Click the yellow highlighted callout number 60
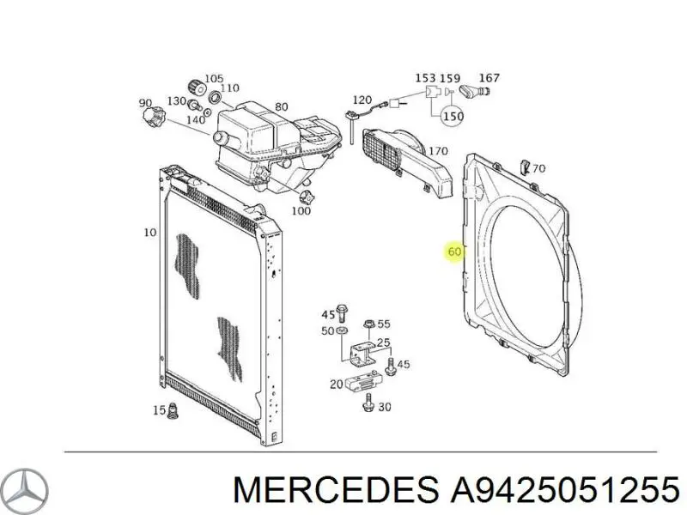(455, 252)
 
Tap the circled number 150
(453, 117)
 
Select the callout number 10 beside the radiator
(150, 233)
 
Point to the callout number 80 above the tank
(281, 108)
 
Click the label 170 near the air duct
(438, 152)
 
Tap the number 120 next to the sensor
(362, 100)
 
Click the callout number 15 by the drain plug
(158, 411)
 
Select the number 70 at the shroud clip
(538, 168)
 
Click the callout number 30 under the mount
(385, 408)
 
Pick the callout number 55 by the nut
(384, 324)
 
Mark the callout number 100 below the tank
(301, 210)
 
